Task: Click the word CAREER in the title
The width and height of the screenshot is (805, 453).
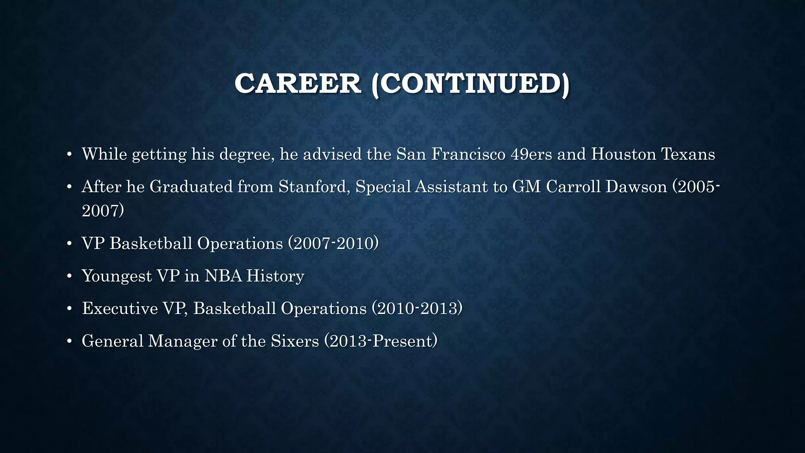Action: click(x=298, y=84)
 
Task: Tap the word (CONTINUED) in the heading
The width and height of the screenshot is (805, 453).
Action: click(x=470, y=84)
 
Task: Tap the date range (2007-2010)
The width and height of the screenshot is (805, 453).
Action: click(x=333, y=243)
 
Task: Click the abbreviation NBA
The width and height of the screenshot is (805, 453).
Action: click(x=223, y=276)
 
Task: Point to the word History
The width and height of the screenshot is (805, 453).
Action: click(x=275, y=276)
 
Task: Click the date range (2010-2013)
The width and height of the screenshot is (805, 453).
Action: click(x=417, y=308)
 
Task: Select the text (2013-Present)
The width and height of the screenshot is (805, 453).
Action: click(x=381, y=341)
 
